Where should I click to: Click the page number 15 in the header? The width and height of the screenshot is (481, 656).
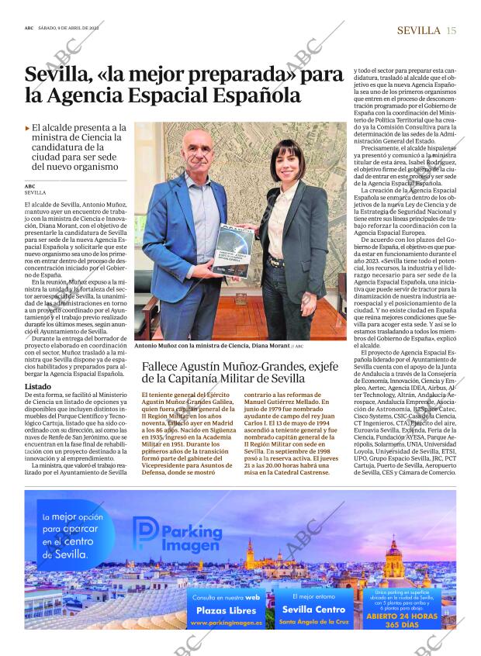pyautogui.click(x=452, y=30)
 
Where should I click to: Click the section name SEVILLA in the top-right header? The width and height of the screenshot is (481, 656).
pyautogui.click(x=419, y=30)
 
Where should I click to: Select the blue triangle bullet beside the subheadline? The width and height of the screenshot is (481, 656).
pyautogui.click(x=27, y=127)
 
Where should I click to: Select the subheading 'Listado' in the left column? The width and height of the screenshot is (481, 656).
pyautogui.click(x=38, y=386)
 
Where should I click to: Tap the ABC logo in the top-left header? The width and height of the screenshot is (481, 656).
pyautogui.click(x=29, y=30)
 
